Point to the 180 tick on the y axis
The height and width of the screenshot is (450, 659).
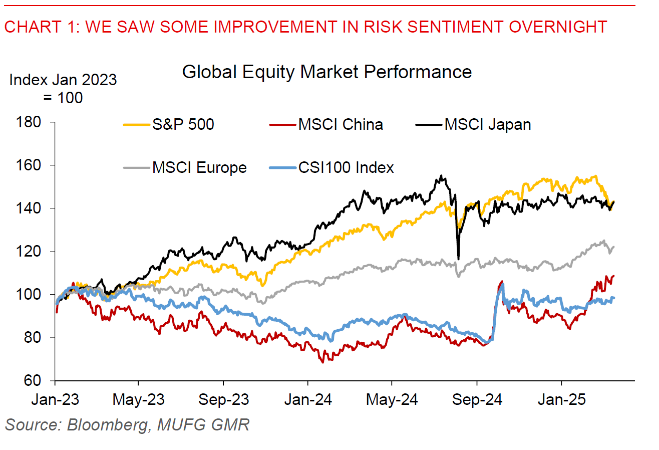36,122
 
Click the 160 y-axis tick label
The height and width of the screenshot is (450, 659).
36,165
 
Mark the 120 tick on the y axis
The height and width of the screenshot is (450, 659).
36,252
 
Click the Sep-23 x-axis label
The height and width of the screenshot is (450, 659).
223,400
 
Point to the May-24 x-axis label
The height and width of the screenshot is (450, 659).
392,400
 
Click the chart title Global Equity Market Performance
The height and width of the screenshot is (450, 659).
326,72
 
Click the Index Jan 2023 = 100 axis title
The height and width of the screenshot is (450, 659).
63,88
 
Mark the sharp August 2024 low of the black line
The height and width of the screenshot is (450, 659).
458,259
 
